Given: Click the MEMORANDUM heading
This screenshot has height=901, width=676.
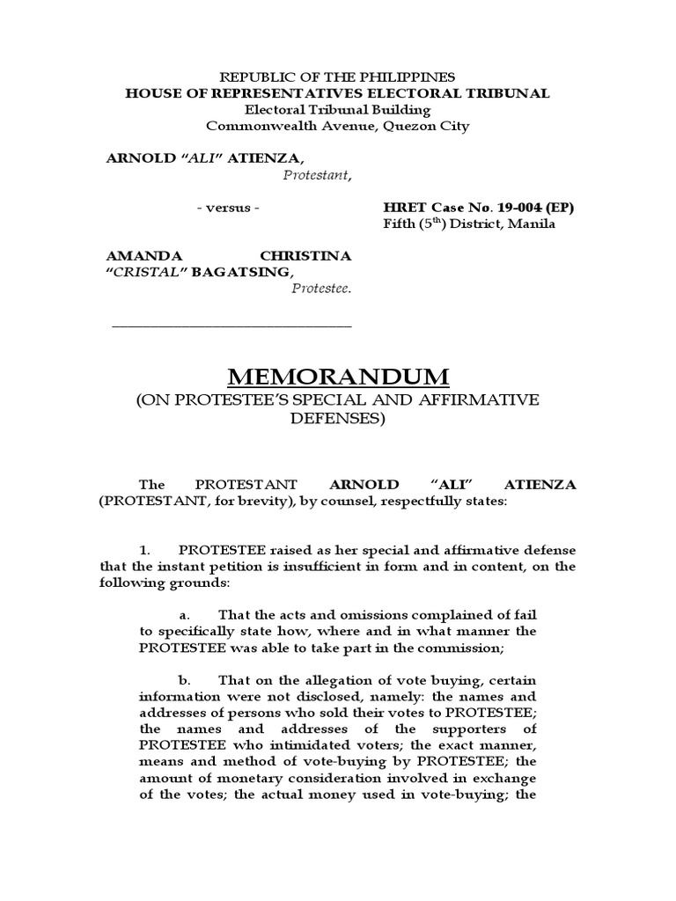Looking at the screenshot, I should [338, 377].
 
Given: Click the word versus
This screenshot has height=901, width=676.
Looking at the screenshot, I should [228, 208].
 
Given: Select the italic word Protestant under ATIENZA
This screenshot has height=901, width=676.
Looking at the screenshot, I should [316, 174].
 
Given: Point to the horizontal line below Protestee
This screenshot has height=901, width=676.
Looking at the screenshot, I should [231, 326].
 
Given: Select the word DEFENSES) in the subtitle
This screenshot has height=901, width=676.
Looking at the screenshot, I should [338, 419].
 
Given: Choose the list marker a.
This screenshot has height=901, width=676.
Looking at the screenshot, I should [184, 614].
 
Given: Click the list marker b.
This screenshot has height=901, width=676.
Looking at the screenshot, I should [185, 680].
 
